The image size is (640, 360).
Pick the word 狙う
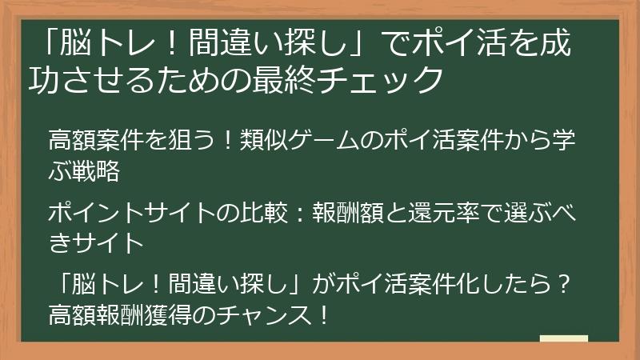pyautogui.click(x=186, y=141)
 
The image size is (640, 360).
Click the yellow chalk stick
pyautogui.click(x=563, y=339)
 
